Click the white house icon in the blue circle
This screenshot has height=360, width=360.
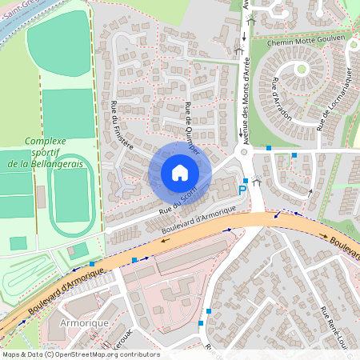click(x=180, y=172)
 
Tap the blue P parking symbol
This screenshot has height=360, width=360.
click(x=244, y=190)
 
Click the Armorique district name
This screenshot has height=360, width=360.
click(x=82, y=322)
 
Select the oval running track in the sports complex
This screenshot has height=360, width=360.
click(x=72, y=194)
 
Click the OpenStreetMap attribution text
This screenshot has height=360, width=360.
click(x=80, y=354)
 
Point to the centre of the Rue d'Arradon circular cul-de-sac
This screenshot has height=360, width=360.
click(x=302, y=70)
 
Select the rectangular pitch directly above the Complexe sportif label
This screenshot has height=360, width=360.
click(x=68, y=113)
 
